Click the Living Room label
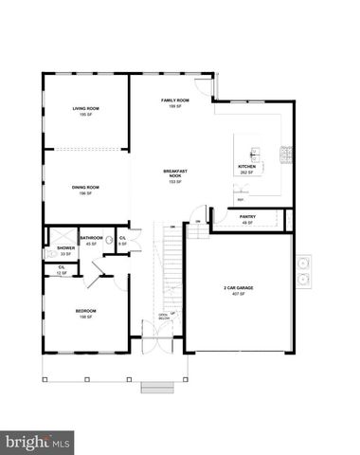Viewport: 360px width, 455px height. click(x=86, y=109)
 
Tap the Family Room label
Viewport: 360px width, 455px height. click(x=174, y=100)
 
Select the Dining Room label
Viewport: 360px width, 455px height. click(x=85, y=188)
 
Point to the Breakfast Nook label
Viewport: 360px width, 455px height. click(x=174, y=173)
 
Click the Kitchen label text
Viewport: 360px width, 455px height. click(x=246, y=167)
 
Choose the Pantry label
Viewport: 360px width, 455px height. click(x=247, y=218)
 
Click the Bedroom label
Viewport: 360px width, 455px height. click(x=86, y=311)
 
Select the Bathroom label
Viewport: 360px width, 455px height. click(x=92, y=238)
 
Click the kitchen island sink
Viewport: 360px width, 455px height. click(x=251, y=152)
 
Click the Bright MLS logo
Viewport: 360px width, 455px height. click(x=39, y=441)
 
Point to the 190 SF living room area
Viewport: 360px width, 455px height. click(x=86, y=115)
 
